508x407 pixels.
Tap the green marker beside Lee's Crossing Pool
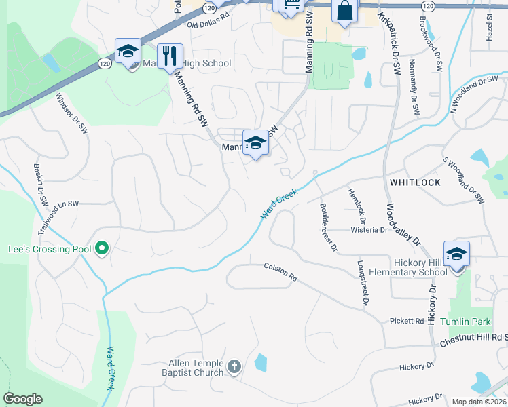pos(102,249)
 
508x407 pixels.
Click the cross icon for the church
pos(234,367)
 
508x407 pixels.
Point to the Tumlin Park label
pos(465,321)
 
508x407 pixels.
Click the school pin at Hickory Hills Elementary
pos(457,254)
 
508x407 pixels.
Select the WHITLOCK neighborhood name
pos(415,182)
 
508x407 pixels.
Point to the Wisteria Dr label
pos(369,230)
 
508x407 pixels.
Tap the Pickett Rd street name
pos(406,321)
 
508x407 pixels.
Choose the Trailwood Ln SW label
pos(58,216)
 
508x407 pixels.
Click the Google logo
pos(22,399)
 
